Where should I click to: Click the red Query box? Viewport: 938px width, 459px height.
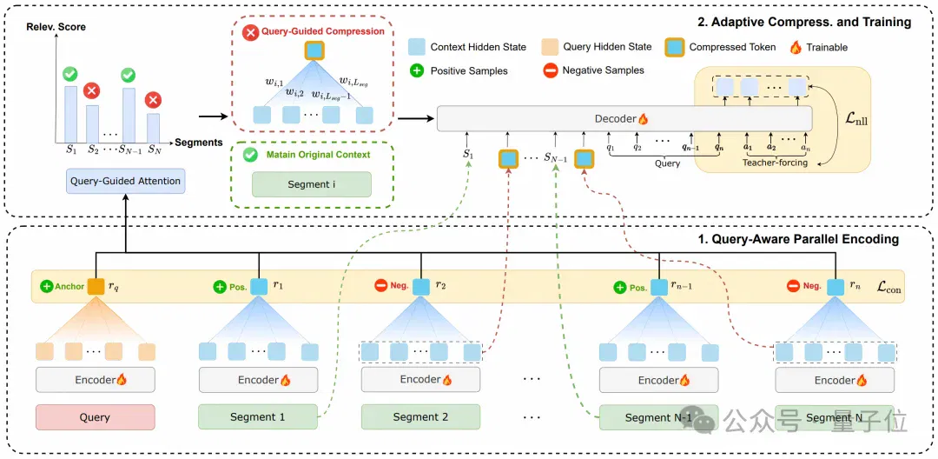(x=96, y=417)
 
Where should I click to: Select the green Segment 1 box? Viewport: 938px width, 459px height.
(x=258, y=417)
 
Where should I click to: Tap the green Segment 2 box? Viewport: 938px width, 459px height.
(x=420, y=417)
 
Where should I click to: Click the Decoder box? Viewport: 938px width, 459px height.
(x=624, y=119)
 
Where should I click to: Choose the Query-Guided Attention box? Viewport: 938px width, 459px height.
(x=125, y=181)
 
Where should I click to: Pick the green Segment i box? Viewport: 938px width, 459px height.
(x=312, y=184)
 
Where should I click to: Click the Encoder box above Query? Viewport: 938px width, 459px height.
(x=96, y=379)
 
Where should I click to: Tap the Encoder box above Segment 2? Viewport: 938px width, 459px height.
(x=420, y=379)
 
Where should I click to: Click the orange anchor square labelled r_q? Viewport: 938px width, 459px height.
(x=96, y=287)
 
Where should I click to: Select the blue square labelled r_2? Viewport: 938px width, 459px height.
(x=421, y=287)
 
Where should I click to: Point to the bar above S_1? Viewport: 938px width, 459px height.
(x=70, y=113)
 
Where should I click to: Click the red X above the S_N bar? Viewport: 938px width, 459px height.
(x=153, y=99)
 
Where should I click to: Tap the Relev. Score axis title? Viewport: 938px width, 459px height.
(x=56, y=27)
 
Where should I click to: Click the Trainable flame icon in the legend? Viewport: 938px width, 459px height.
(x=796, y=47)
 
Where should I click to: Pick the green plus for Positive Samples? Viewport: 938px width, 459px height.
(x=416, y=70)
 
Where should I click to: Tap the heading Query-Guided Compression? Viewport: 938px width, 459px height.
(x=322, y=31)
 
